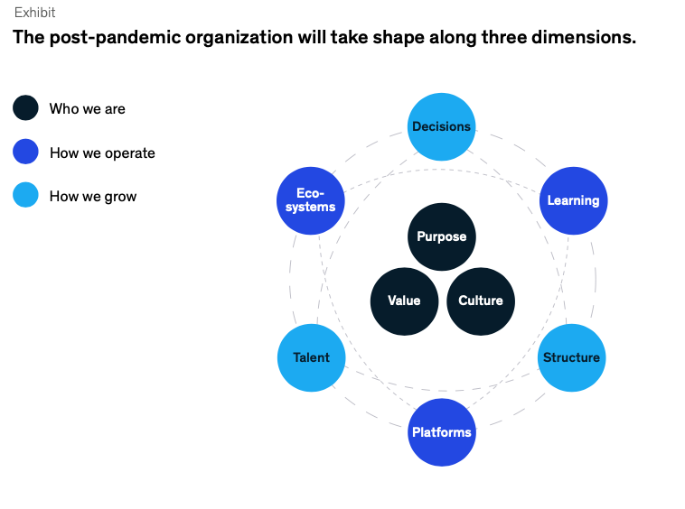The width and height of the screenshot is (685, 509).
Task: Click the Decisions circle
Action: point(441,126)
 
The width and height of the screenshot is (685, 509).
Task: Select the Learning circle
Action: point(573,200)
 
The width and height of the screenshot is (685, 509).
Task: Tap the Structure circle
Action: point(571,357)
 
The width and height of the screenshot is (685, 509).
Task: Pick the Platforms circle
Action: point(442,432)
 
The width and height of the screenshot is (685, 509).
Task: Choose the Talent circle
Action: point(312,357)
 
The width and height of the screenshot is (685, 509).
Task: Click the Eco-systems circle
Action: point(311,200)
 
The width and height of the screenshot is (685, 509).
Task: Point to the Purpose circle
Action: point(442,236)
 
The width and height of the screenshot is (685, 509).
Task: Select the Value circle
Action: point(404,301)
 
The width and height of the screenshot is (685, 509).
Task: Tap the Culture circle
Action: point(481,301)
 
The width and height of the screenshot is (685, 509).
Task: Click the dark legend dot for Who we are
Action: point(25,107)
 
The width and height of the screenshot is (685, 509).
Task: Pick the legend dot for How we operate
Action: point(25,152)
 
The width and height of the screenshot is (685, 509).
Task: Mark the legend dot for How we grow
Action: point(25,195)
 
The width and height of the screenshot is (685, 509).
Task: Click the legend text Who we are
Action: point(88,108)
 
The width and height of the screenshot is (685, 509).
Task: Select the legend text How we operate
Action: point(102,153)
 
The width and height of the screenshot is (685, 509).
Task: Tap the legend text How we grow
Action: point(93,196)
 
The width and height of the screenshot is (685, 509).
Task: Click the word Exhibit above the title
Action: point(35,13)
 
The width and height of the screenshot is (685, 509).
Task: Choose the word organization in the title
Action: point(239,38)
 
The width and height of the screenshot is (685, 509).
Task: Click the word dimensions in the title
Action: point(584,38)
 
